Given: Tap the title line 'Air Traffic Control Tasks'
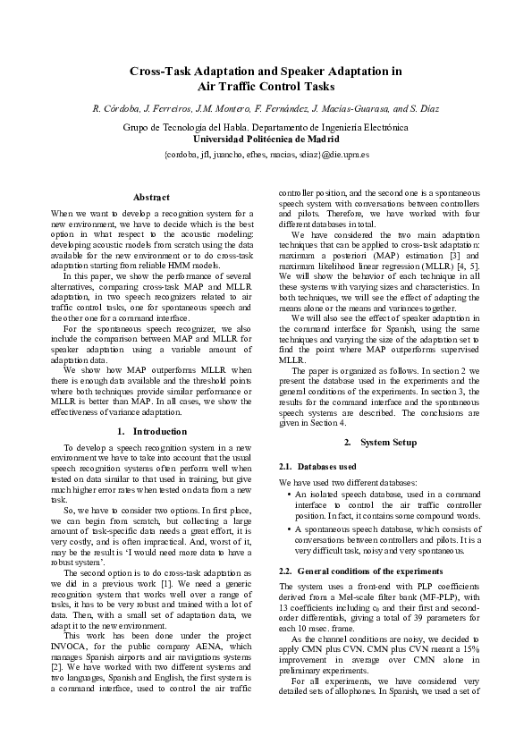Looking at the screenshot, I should coord(266,87).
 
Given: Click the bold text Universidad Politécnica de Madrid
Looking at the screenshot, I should coord(266,140).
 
